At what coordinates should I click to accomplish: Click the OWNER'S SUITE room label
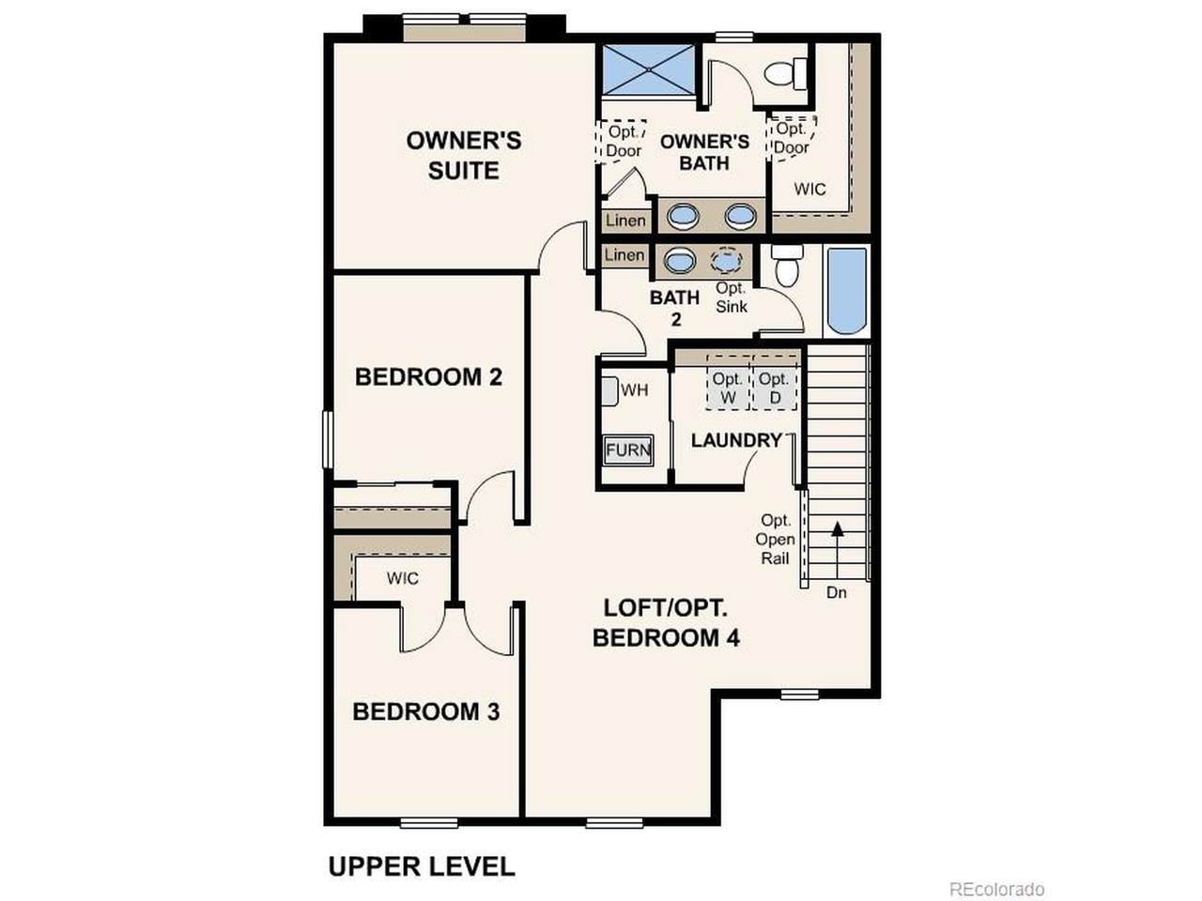tap(463, 156)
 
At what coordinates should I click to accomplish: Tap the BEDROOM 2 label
tap(428, 377)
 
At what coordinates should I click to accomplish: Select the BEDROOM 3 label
tap(426, 711)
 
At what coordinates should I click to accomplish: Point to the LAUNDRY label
tap(736, 440)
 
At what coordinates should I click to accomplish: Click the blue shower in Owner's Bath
tap(648, 69)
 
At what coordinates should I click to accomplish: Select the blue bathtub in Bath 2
tap(847, 291)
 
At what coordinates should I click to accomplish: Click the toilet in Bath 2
tap(787, 265)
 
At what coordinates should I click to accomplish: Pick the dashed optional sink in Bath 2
tap(726, 260)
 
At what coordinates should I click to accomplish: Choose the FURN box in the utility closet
tap(628, 450)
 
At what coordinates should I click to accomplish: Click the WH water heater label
tap(635, 390)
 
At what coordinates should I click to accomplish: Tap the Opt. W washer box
tap(728, 388)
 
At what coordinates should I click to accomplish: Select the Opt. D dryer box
tap(775, 388)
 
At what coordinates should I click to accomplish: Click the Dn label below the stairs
tap(836, 592)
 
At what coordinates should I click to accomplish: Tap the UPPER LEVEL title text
tap(422, 866)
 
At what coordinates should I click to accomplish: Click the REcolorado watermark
tap(996, 889)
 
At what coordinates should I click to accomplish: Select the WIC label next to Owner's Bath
tap(809, 190)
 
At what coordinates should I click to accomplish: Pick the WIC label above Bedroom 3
tap(403, 578)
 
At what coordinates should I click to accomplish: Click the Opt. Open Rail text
tap(775, 539)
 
